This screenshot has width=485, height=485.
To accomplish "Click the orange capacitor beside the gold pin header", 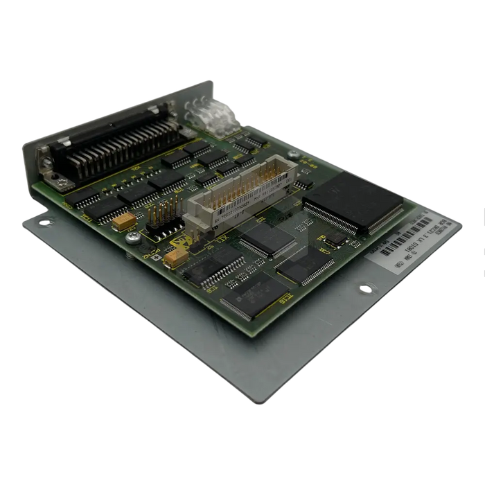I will coord(125,221).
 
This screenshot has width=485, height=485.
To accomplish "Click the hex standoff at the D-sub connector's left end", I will coord(46,164).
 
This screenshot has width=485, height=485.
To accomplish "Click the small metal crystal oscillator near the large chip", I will coord(337,238).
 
